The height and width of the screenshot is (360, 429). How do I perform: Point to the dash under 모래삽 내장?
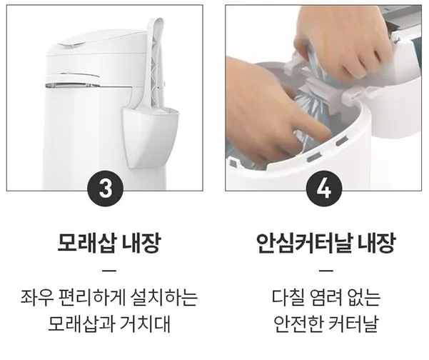pos(108,271)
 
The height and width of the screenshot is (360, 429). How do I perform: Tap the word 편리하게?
pos(86,296)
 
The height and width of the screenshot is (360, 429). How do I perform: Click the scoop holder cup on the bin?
pos(146,131)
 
